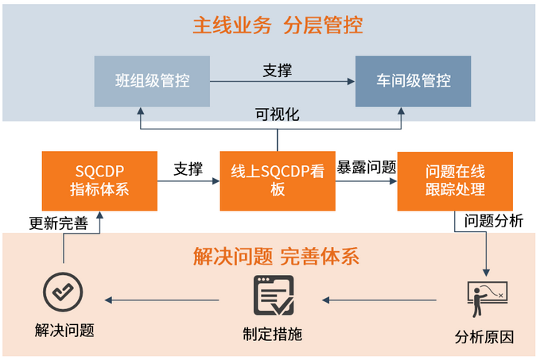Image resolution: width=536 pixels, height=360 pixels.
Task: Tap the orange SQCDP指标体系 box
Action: [x=99, y=180]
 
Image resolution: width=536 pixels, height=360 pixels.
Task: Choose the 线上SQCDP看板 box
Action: [x=278, y=180]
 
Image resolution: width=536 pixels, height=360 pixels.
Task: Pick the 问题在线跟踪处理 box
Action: [x=454, y=180]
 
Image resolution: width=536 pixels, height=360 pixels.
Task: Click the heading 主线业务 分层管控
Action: [x=277, y=25]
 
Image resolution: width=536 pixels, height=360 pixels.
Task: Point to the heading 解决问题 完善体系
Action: [x=276, y=257]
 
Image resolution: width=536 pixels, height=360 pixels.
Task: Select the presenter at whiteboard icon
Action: [x=484, y=300]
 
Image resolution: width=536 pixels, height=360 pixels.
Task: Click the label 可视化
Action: [x=277, y=114]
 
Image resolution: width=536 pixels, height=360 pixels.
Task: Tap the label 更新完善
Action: [x=58, y=223]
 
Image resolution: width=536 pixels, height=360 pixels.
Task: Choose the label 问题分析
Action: [x=494, y=221]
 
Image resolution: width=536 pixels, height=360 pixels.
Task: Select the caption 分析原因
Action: [x=484, y=336]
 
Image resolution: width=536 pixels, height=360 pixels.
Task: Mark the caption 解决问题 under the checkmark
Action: [x=64, y=330]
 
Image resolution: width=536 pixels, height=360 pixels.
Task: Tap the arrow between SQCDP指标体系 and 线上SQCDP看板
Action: [x=188, y=181]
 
